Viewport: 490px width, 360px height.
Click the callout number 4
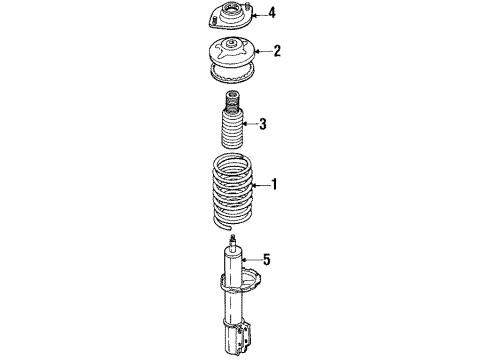point(272,13)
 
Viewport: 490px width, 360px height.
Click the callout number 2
point(277,51)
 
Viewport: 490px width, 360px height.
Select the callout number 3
point(263,124)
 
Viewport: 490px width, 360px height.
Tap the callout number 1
point(274,184)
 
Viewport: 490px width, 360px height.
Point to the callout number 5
point(266,259)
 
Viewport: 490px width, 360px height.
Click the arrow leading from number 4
point(260,15)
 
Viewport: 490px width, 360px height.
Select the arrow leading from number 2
point(263,51)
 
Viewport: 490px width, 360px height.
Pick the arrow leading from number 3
point(250,124)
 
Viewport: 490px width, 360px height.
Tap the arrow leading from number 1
point(261,185)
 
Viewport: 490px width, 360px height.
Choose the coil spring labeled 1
point(233,191)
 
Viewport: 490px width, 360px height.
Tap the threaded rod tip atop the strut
point(233,239)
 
